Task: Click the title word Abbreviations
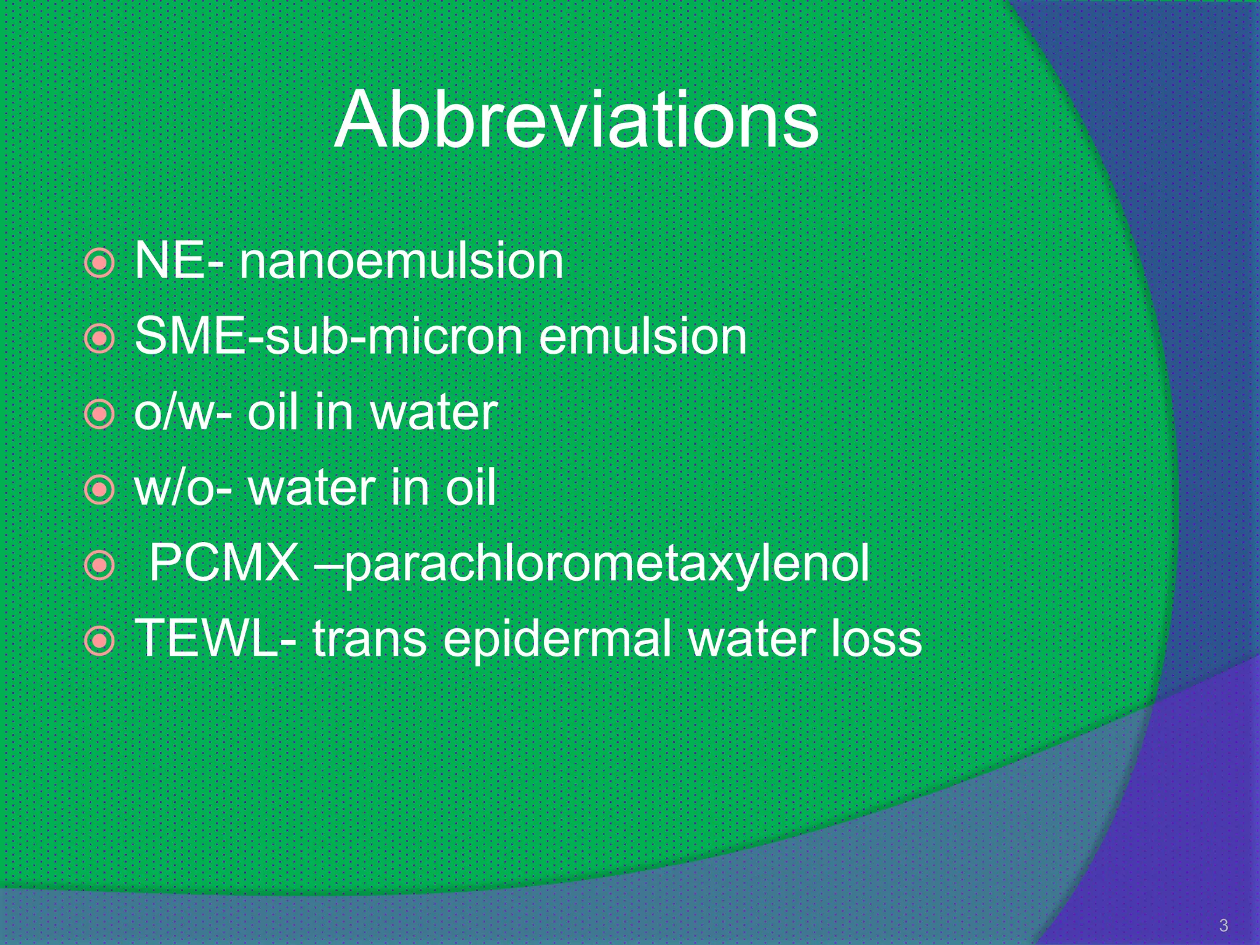tap(576, 120)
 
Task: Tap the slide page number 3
tap(1223, 925)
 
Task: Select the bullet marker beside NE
tap(99, 263)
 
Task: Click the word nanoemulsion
tap(401, 261)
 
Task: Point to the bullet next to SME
tap(99, 339)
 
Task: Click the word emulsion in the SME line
tap(642, 337)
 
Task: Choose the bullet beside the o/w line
tap(99, 415)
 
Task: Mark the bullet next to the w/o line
tap(99, 490)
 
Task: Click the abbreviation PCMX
tap(224, 563)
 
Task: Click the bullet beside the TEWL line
tap(99, 642)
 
